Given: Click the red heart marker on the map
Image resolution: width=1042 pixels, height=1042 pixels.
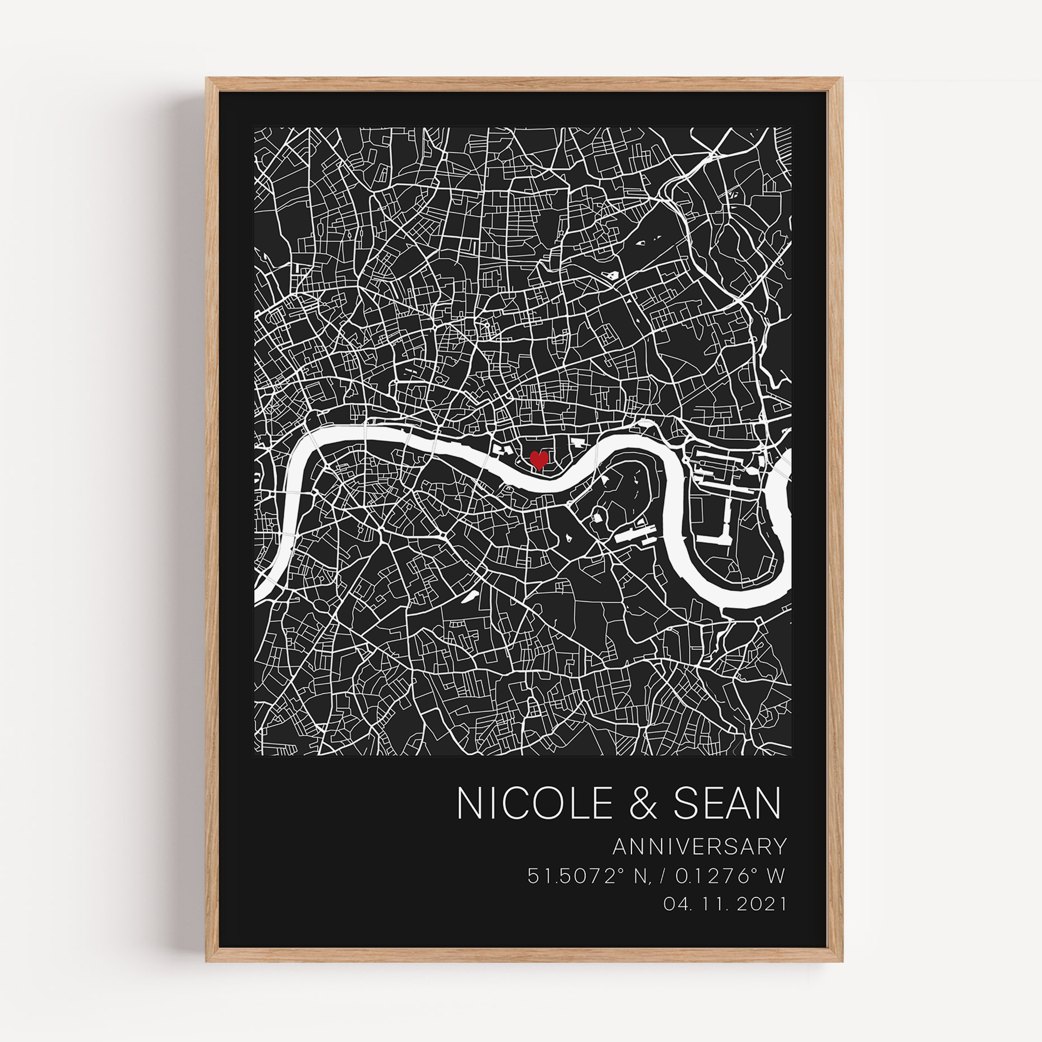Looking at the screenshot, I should (539, 460).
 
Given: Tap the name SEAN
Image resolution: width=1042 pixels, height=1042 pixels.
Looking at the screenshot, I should (727, 818).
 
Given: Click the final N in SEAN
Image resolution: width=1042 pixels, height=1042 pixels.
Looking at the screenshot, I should (768, 818).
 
